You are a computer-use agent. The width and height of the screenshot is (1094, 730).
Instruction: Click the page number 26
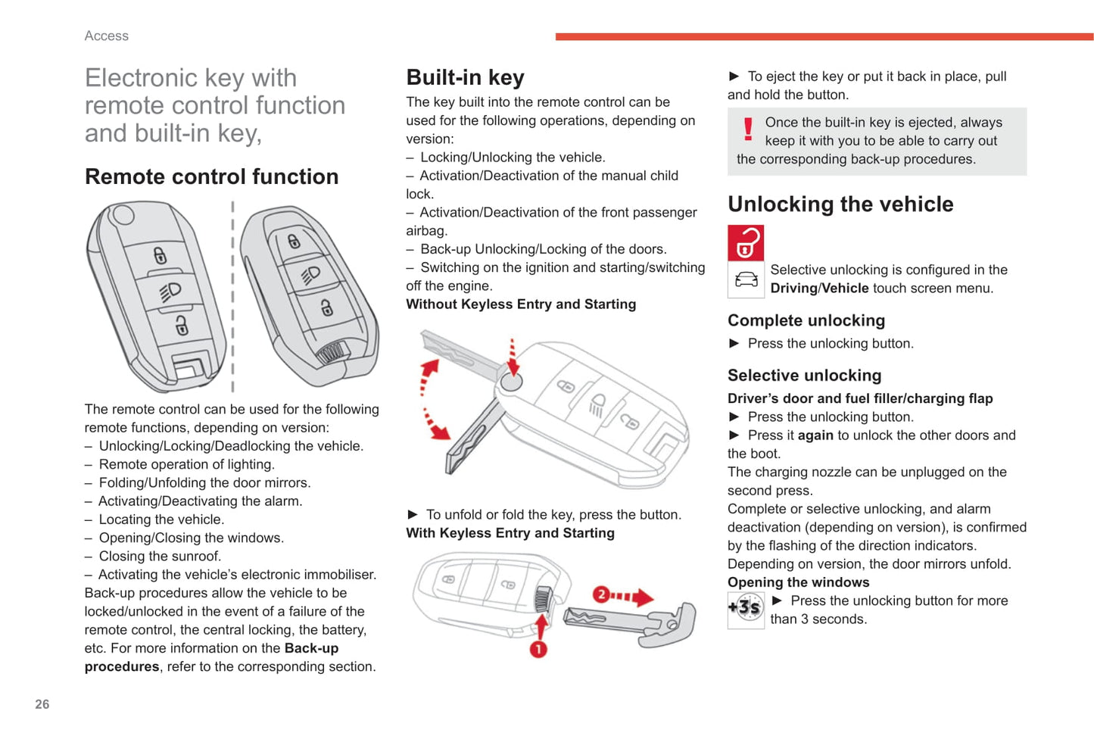pos(42,704)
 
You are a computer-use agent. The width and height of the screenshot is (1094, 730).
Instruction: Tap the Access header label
pos(107,36)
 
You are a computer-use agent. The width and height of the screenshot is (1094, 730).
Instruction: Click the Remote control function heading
pos(212,176)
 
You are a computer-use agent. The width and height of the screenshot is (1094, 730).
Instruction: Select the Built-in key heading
pos(465,77)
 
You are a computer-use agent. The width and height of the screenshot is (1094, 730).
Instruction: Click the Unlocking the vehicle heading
pos(840,204)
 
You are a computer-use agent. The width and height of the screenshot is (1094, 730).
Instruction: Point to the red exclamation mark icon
pos(748,129)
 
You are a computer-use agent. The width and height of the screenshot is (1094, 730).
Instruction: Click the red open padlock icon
pos(746,242)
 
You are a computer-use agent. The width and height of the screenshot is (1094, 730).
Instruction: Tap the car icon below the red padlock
pos(746,279)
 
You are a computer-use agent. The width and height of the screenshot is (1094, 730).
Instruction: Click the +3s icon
pos(746,607)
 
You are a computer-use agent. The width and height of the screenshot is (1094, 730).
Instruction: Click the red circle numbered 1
pos(538,649)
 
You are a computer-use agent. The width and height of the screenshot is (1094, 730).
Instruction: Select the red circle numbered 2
pos(600,594)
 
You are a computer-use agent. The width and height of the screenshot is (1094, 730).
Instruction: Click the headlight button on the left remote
pos(170,292)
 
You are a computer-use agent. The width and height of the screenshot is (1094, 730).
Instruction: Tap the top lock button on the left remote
pos(160,256)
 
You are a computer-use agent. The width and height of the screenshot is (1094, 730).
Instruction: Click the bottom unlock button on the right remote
pos(326,307)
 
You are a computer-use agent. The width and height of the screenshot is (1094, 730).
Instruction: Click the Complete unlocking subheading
pos(806,320)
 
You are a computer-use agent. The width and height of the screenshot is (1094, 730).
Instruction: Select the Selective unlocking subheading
pos(804,376)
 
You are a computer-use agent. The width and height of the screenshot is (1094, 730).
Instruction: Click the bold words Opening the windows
pos(798,582)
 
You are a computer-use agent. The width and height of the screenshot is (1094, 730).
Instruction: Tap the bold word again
pos(815,435)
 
